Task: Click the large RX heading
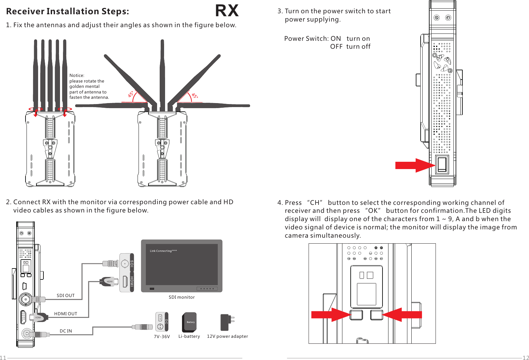pos(227,11)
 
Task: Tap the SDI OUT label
pos(66,295)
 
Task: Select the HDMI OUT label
pos(66,314)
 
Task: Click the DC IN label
pos(66,331)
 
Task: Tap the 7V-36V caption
pos(162,336)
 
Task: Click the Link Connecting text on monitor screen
pos(163,251)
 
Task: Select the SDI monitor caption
pos(182,297)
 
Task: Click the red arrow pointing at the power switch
pos(414,165)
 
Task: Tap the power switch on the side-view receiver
pos(442,164)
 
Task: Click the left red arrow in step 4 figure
pos(330,315)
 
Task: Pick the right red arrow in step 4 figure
pos(402,315)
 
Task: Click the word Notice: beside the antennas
pos(77,76)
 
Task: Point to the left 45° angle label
pos(131,94)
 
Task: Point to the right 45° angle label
pos(195,95)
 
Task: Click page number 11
pos(3,357)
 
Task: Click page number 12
pos(526,357)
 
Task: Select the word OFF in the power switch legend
pos(336,47)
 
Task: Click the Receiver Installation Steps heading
pos(68,11)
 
